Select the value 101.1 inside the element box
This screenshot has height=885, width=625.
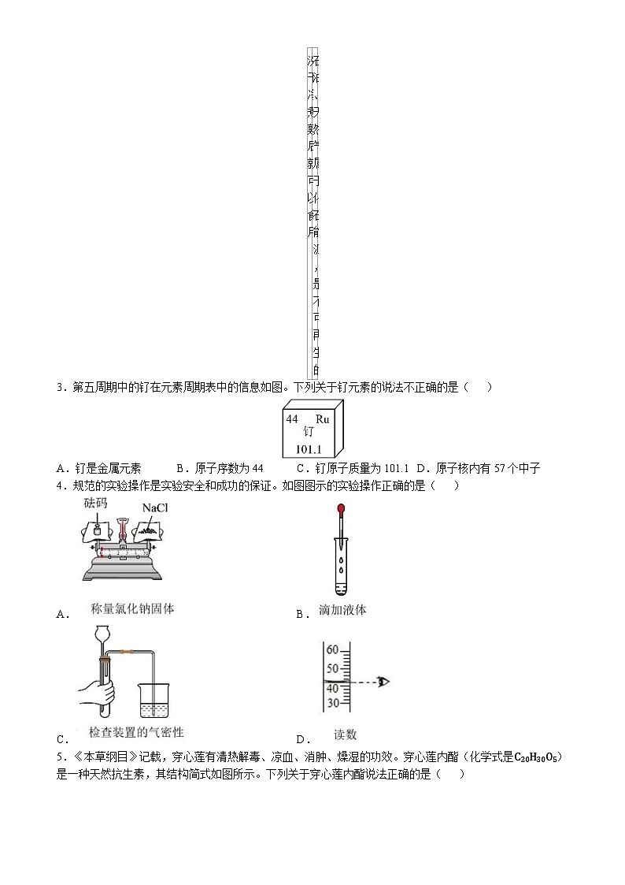click(x=308, y=449)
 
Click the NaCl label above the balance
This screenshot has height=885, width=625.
click(x=155, y=508)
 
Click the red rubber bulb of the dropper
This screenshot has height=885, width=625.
click(x=341, y=510)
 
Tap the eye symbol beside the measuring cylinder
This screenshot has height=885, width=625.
click(x=383, y=682)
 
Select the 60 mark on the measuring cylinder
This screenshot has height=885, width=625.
click(x=332, y=650)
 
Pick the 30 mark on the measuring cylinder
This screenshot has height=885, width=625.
click(x=332, y=703)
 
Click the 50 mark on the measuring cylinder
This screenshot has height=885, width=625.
click(x=332, y=667)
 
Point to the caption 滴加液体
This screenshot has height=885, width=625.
click(x=342, y=610)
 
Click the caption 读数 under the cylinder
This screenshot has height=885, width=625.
click(x=345, y=734)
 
